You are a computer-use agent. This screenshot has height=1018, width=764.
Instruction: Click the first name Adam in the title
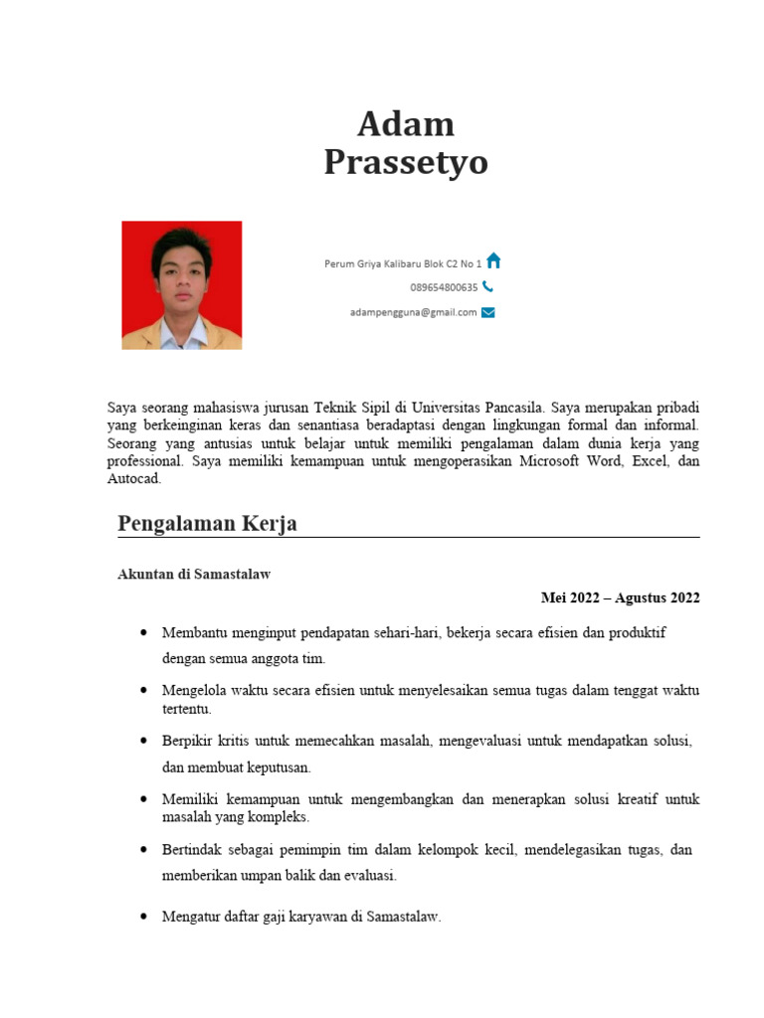coord(405,124)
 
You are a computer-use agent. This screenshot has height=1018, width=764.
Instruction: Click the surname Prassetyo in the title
coord(405,162)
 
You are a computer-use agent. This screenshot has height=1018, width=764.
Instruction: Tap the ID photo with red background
coord(182,285)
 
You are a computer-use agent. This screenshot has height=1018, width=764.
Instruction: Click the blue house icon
coord(493,261)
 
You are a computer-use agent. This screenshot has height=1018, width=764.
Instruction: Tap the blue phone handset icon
coord(487,286)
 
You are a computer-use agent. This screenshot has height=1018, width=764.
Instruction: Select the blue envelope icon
coord(487,312)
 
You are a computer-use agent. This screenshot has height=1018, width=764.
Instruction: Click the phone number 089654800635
coord(444,287)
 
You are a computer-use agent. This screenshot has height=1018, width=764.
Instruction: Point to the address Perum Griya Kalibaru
coord(402,263)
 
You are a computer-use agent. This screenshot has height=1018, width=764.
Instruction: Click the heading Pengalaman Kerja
coord(207,523)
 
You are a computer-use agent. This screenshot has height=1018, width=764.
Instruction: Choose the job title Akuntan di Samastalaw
coord(194,575)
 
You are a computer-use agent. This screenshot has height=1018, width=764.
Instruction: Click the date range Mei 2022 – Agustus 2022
coord(620,597)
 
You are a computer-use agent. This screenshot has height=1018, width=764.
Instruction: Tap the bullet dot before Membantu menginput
coord(145,632)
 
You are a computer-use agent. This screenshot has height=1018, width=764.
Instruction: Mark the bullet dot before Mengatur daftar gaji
coord(145,917)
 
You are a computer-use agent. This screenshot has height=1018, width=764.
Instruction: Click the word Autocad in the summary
coord(133,478)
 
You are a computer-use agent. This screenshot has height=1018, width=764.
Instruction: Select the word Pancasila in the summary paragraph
coord(510,407)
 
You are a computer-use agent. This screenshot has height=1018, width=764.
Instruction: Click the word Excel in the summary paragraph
coord(645,461)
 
